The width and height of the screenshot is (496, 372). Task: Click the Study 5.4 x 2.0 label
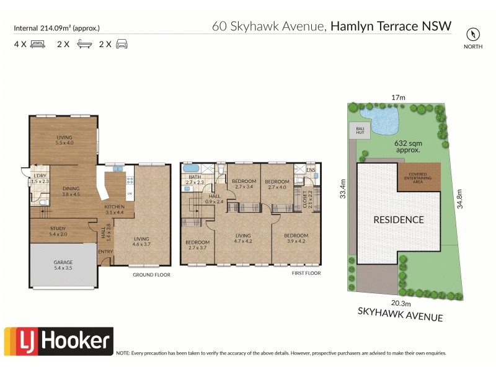point(63,231)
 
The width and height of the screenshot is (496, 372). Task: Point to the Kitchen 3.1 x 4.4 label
point(115,210)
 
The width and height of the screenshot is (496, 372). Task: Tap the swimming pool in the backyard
point(379,120)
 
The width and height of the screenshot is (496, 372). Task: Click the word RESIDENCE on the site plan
point(399,219)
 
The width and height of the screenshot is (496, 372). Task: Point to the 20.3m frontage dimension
point(401,303)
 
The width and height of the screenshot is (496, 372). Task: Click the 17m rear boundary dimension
point(398,97)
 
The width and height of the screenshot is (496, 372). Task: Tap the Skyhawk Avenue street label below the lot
point(401,315)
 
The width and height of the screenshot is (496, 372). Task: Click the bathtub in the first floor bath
point(191,169)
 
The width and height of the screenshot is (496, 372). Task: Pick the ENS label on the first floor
point(311,169)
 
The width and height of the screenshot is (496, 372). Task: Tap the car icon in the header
point(122,44)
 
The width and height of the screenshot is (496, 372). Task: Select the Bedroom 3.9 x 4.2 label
point(296,239)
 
